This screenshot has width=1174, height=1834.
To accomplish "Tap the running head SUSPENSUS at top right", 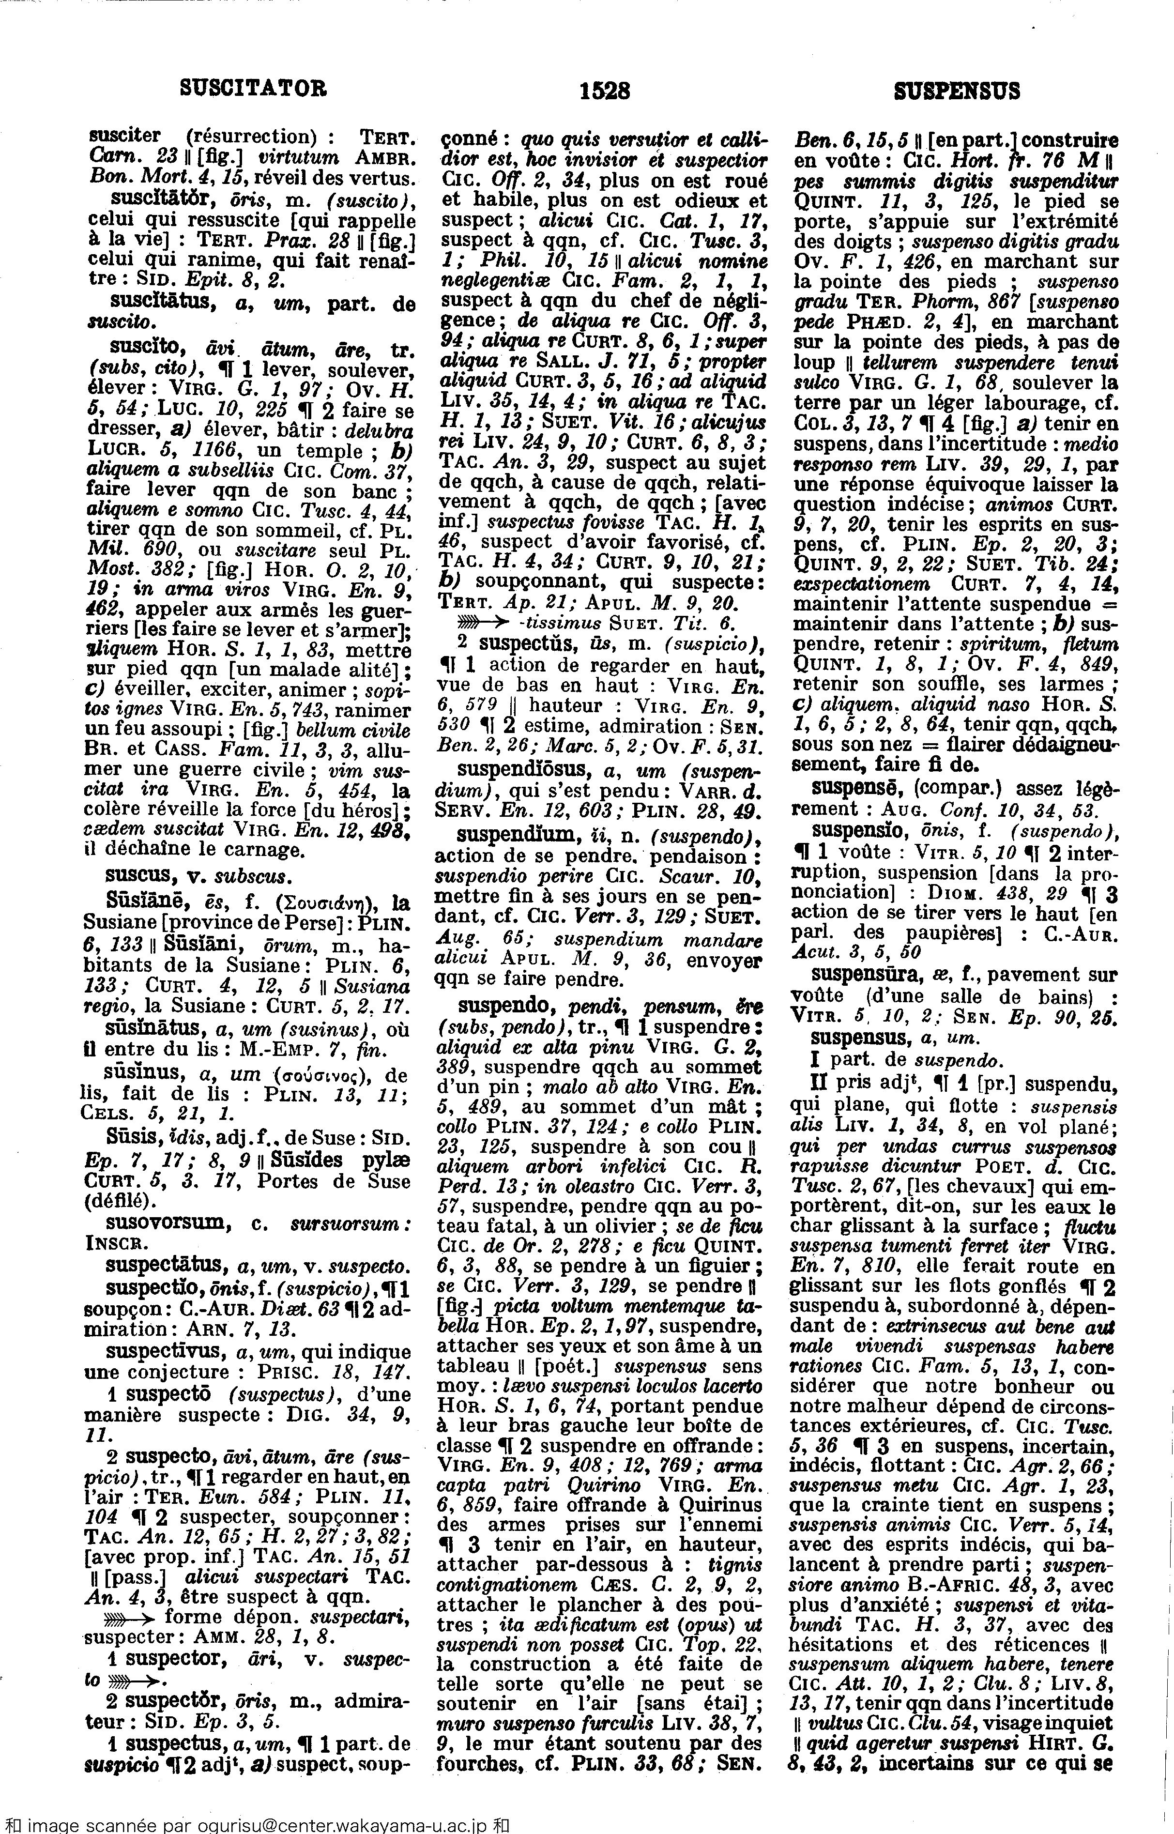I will click(956, 92).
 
